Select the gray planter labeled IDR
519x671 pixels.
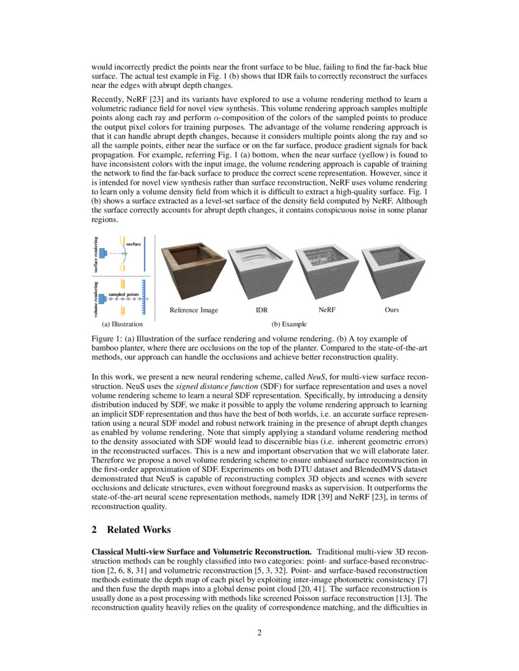click(261, 268)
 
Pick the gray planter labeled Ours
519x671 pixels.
click(392, 268)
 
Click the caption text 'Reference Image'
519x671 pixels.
click(194, 310)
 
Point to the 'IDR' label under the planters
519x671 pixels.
click(261, 310)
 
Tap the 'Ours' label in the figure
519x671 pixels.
click(392, 310)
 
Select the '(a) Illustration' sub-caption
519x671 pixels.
click(122, 325)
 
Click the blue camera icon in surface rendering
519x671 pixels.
click(103, 253)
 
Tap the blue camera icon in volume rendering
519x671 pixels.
click(103, 298)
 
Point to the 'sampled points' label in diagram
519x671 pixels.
click(124, 294)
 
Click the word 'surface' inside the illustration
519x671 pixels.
click(133, 244)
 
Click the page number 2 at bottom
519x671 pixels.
click(259, 633)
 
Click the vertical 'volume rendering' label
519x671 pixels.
click(95, 299)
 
